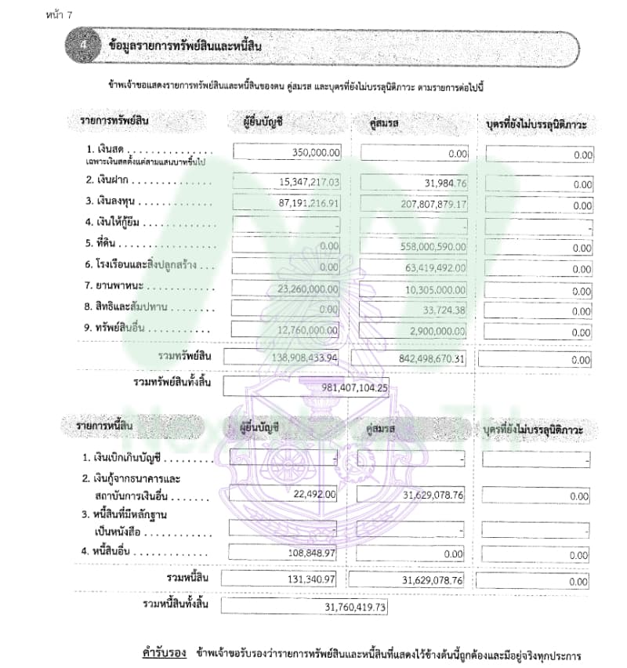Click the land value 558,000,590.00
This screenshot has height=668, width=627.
429,246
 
